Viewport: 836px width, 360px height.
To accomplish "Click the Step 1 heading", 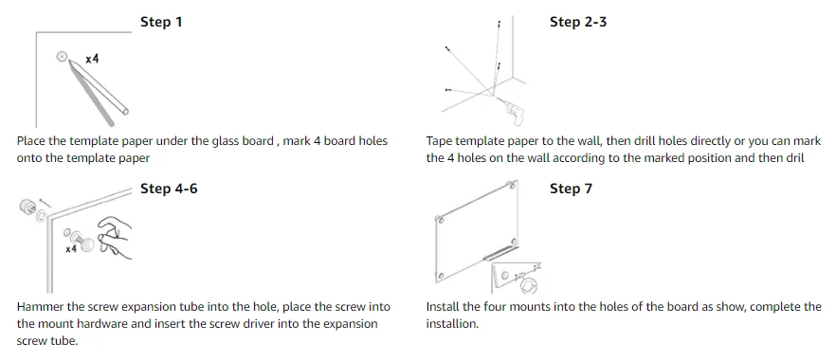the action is (x=161, y=23).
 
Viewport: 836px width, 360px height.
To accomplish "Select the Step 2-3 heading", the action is (x=578, y=23).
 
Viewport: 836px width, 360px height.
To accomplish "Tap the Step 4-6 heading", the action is (x=169, y=189).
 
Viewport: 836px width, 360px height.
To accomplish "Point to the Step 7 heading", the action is (x=571, y=189).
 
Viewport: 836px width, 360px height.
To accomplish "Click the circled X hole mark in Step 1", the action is (x=62, y=56).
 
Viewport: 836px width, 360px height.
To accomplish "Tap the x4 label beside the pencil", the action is (x=92, y=59).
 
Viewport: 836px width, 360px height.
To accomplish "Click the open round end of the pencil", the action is (x=125, y=111).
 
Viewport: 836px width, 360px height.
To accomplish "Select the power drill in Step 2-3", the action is (x=511, y=111).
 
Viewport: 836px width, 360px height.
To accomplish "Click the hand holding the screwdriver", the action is (x=116, y=238).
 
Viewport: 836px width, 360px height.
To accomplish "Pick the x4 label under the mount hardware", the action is (x=72, y=249).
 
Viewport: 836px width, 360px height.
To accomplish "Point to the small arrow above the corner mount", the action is (x=46, y=203).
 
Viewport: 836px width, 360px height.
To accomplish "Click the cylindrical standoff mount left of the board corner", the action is (x=26, y=207).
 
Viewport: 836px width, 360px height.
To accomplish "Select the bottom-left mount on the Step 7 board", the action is (x=442, y=276).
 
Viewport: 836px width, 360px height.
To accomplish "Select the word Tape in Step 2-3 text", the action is (x=437, y=142).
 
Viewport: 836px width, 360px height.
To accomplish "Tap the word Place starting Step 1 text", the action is (x=30, y=141).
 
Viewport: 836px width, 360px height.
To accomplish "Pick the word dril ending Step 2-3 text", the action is (x=794, y=158).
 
